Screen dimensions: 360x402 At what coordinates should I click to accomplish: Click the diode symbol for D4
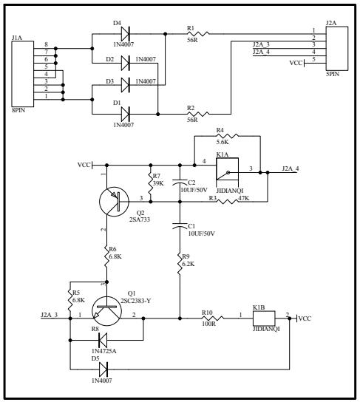(125, 33)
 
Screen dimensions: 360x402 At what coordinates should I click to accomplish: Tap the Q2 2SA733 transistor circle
(114, 202)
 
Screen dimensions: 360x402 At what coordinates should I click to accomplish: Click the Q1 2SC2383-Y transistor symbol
(106, 311)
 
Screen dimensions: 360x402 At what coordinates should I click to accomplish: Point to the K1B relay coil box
(264, 318)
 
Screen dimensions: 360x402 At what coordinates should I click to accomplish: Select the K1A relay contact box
(227, 169)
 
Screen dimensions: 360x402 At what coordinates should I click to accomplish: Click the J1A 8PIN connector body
(23, 74)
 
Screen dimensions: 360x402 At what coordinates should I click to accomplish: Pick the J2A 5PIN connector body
(337, 48)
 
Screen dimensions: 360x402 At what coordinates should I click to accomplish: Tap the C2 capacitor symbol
(180, 183)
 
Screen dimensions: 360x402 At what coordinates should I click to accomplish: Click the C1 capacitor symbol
(180, 225)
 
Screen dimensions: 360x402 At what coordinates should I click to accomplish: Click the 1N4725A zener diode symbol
(103, 340)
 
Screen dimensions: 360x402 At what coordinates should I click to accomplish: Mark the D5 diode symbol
(103, 369)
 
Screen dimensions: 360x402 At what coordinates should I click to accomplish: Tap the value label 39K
(158, 183)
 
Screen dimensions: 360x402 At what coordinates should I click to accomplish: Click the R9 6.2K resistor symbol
(180, 264)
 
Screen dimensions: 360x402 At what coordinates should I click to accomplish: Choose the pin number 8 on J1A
(46, 44)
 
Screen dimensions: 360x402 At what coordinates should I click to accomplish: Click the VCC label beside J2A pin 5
(296, 63)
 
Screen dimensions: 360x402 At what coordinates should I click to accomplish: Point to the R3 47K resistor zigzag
(228, 202)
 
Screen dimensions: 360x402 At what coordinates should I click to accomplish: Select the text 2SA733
(140, 219)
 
